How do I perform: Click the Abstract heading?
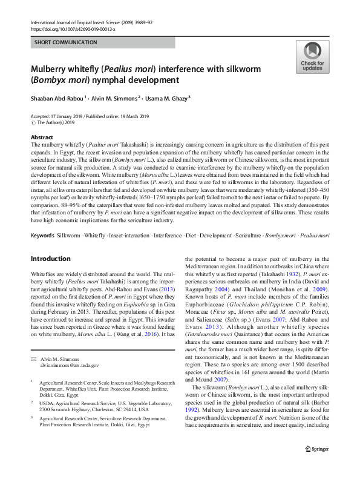(42, 137)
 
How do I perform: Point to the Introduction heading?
(50, 259)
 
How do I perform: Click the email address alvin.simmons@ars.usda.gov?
(70, 366)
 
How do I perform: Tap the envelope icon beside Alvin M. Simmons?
(34, 359)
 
